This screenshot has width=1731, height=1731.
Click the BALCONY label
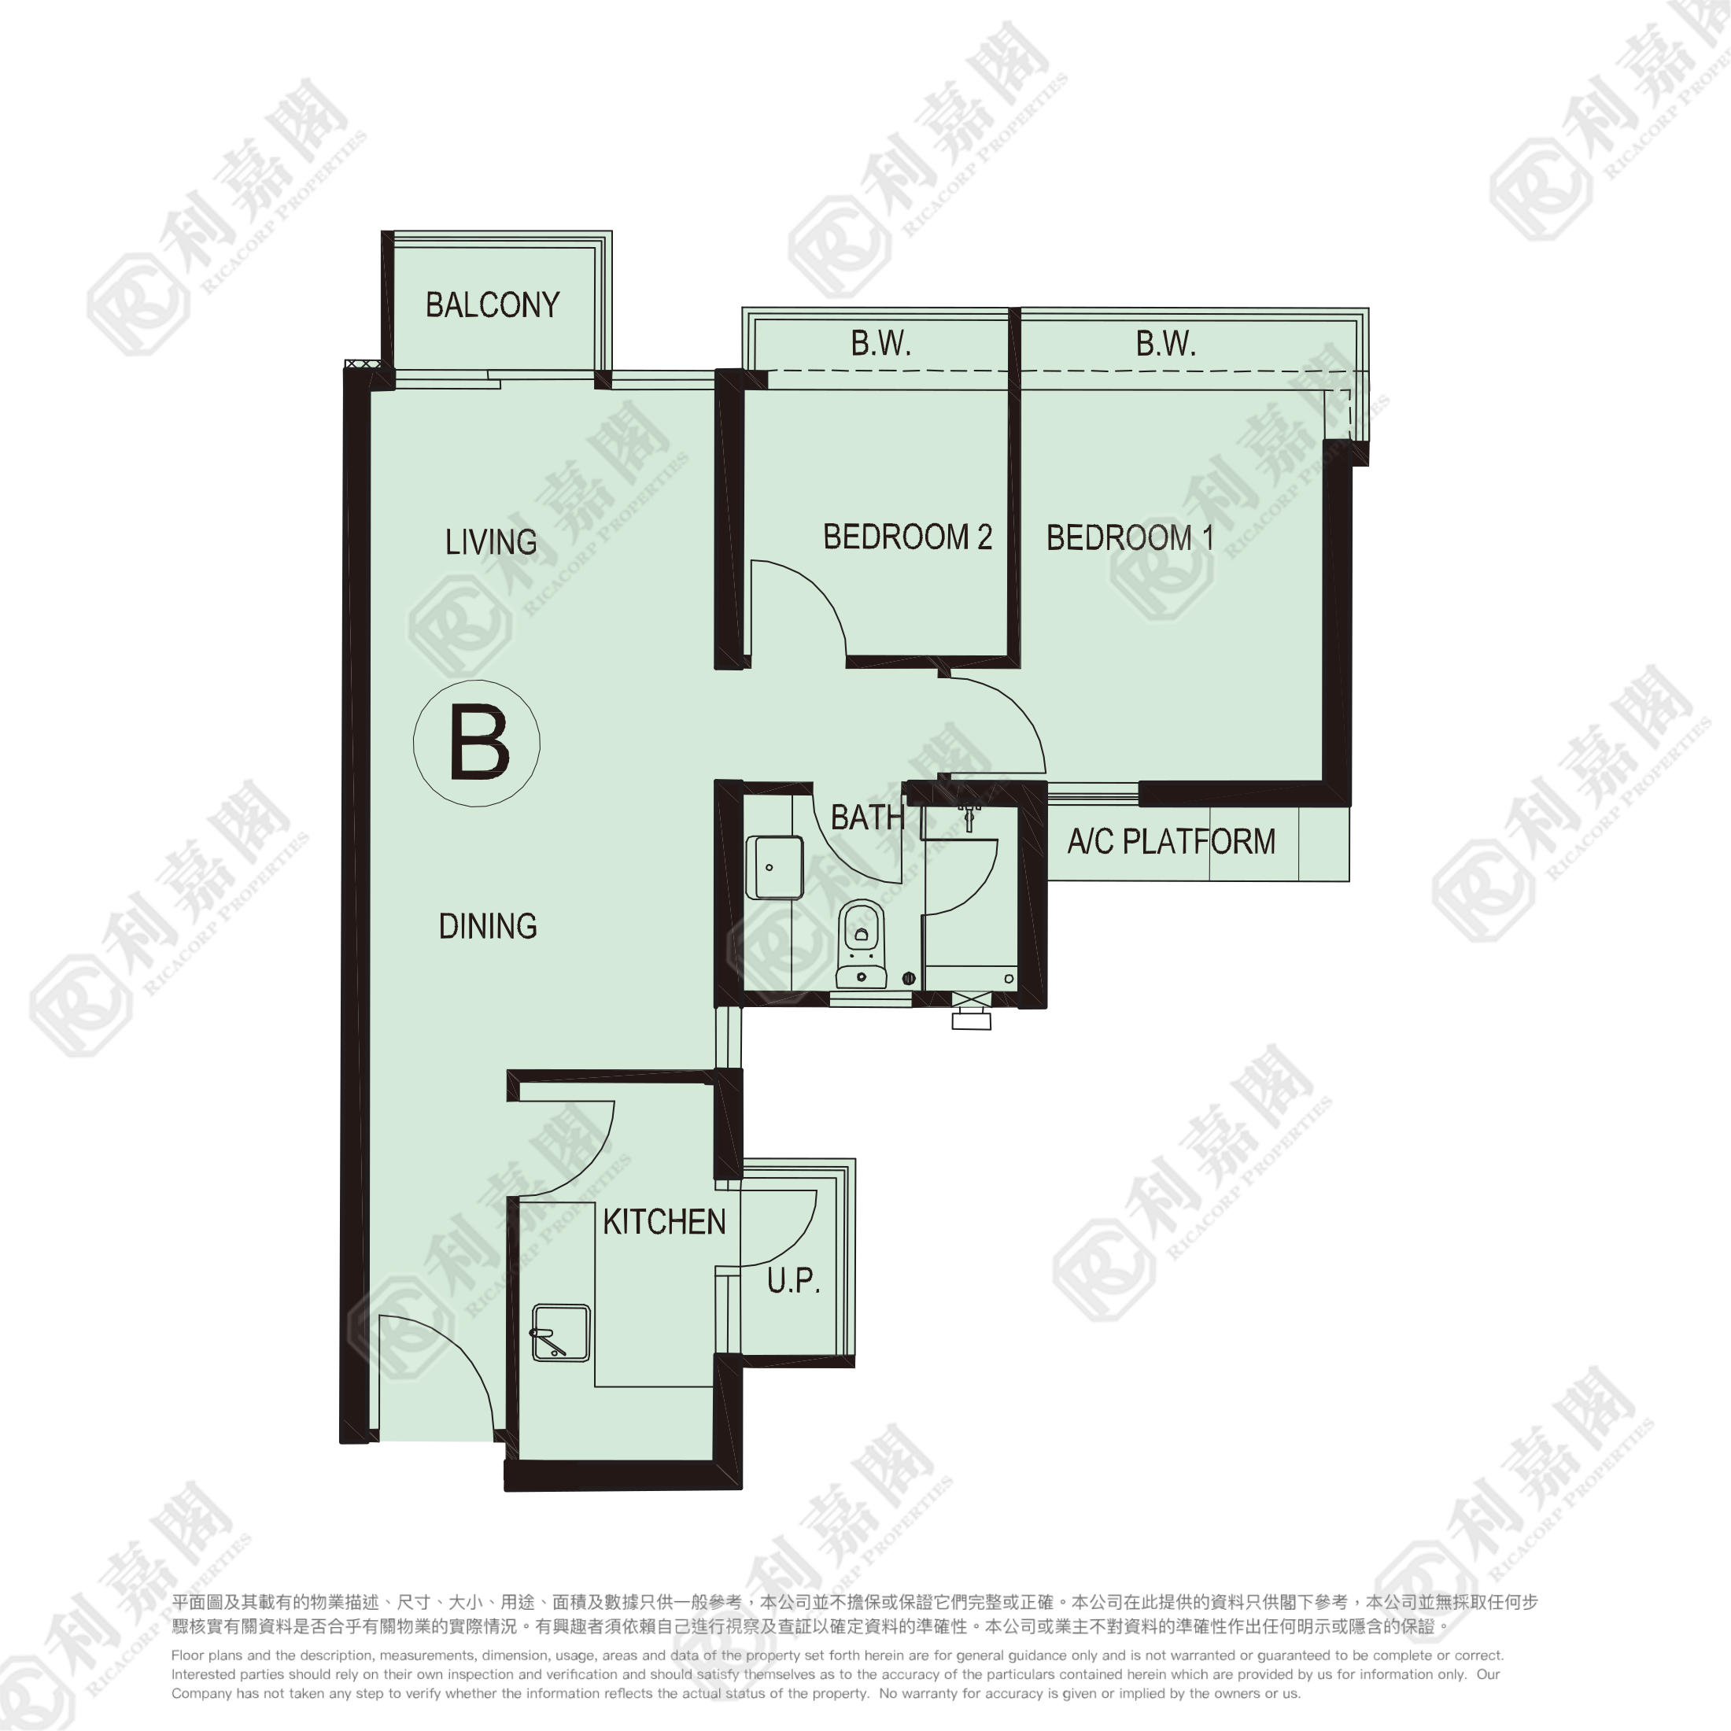492,305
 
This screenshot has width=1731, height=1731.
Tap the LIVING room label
491,542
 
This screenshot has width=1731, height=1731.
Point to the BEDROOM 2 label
908,537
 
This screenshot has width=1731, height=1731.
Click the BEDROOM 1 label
1130,538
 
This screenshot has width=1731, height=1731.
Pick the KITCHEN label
664,1222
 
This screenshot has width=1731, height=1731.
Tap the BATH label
866,818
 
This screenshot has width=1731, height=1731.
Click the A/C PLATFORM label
1171,841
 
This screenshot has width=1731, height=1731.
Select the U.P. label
794,1281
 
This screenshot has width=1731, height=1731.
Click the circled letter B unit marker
477,744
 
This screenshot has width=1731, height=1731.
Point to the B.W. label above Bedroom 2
880,343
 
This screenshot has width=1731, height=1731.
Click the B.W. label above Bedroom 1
1165,343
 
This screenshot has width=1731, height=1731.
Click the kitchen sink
561,1333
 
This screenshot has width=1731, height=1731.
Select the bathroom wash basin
774,867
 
